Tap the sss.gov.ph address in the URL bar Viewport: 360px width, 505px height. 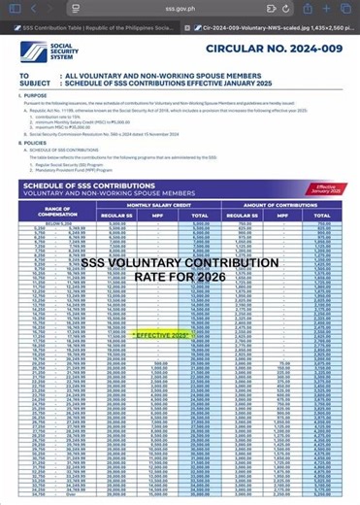pos(180,8)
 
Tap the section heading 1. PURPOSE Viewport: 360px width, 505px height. pos(36,96)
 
